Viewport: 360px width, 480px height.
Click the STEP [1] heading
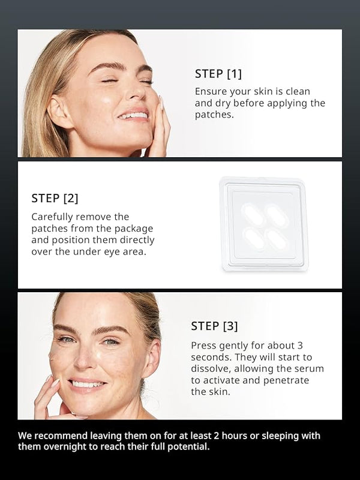tap(218, 74)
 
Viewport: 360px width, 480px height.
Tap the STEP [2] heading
tap(55, 199)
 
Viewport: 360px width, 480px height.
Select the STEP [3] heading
tap(214, 326)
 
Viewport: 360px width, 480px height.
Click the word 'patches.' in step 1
tap(214, 115)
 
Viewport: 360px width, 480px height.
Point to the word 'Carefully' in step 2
tap(52, 217)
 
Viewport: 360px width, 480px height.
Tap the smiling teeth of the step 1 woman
tap(134, 116)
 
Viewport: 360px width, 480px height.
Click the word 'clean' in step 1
tap(298, 92)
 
